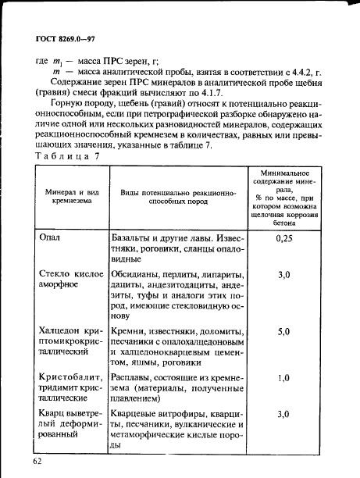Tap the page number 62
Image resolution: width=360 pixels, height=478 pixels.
(37, 462)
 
